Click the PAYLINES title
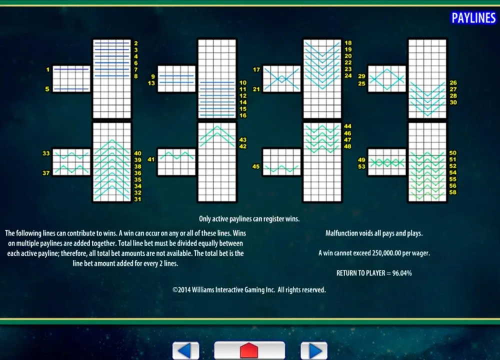473,18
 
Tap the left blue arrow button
186,350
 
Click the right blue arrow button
314,350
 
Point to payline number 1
48,69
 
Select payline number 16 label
243,115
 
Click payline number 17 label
256,69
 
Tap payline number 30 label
453,102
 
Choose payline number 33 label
46,153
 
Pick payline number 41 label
151,159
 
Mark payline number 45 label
256,166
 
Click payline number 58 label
453,192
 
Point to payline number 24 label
348,75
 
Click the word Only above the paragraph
205,219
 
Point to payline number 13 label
151,83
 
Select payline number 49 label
361,160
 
